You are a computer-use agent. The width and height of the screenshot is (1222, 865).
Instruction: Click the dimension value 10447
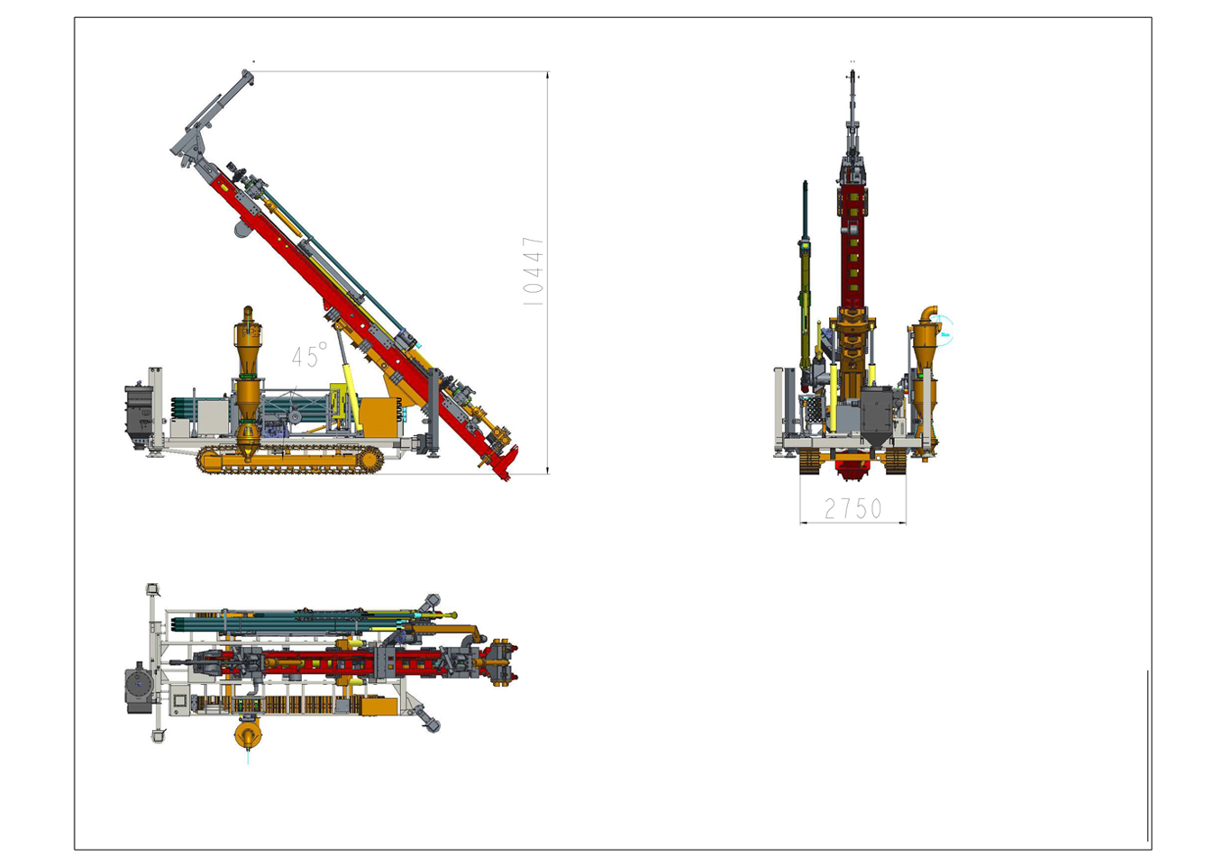533,271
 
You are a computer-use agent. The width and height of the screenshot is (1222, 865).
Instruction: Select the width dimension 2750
853,509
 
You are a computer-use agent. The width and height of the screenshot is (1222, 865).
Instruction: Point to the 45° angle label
309,355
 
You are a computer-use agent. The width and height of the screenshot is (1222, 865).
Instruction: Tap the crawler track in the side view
290,460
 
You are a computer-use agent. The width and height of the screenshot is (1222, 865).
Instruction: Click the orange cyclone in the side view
248,382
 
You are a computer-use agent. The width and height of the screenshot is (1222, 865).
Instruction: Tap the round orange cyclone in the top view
248,734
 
